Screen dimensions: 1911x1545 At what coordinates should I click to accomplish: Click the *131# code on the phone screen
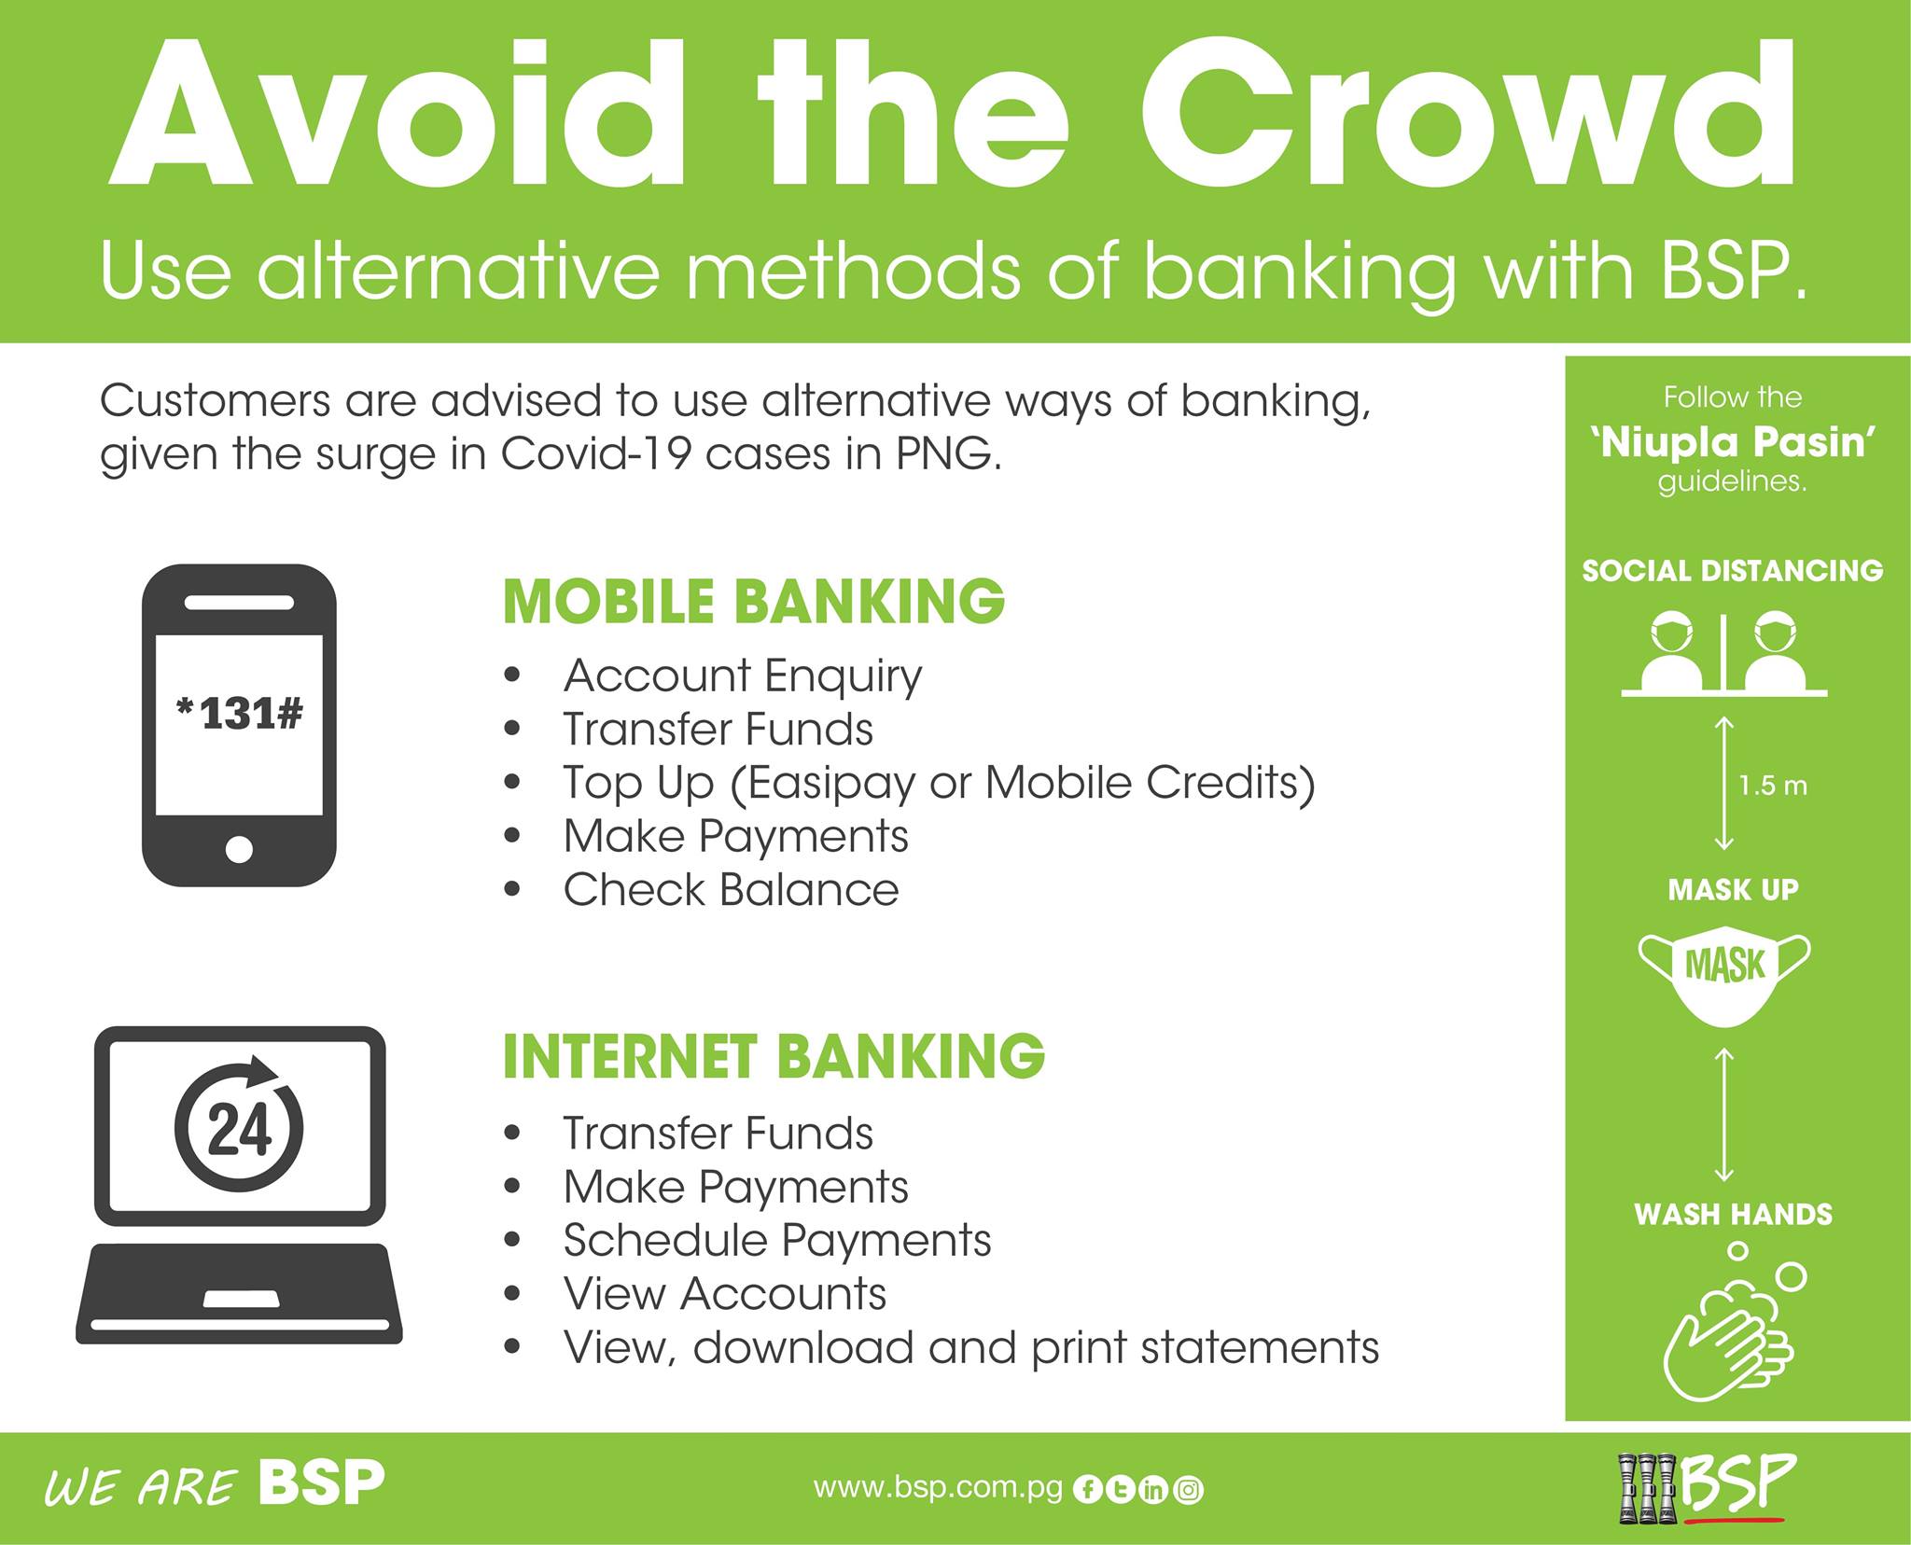click(239, 714)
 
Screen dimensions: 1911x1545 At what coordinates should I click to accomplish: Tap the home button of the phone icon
click(239, 849)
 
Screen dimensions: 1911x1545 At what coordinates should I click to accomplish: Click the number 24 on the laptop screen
click(239, 1131)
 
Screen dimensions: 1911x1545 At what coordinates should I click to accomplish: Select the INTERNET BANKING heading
click(774, 1056)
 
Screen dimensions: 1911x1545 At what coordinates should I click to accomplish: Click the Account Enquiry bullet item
click(743, 676)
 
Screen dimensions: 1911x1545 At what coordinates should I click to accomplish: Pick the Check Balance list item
click(731, 889)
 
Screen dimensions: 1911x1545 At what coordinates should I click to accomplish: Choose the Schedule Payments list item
click(777, 1241)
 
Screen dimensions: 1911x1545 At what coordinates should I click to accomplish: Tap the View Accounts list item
click(725, 1294)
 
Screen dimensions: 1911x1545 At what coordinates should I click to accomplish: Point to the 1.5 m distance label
click(1773, 786)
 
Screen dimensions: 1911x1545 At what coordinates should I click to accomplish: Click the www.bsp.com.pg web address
click(938, 1487)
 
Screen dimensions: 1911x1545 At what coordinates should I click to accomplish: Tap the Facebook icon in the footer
click(1087, 1490)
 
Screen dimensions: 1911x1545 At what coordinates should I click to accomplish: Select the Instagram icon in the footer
click(1189, 1490)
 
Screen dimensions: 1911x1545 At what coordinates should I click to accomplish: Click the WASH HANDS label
click(1733, 1214)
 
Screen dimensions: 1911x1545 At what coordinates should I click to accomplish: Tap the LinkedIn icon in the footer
click(1154, 1490)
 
